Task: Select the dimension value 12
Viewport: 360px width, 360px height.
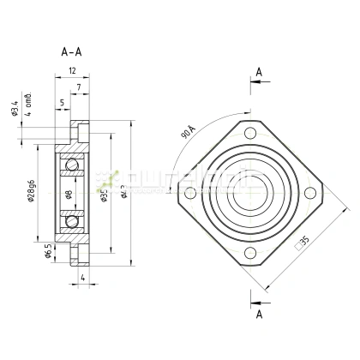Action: click(x=74, y=71)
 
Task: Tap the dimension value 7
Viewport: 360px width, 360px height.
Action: click(x=78, y=88)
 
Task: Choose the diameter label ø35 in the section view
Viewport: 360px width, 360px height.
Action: click(x=104, y=196)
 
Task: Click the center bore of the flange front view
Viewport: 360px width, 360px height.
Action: click(x=250, y=193)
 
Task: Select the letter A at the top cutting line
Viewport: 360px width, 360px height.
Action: click(x=258, y=72)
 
